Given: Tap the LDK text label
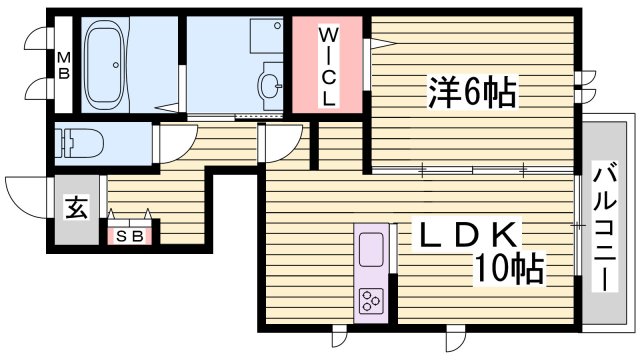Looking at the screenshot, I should tap(468, 237).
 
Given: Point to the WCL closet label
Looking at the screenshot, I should tap(327, 67).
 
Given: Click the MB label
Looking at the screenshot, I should tap(62, 66).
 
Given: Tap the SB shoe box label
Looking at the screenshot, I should tap(129, 236).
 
